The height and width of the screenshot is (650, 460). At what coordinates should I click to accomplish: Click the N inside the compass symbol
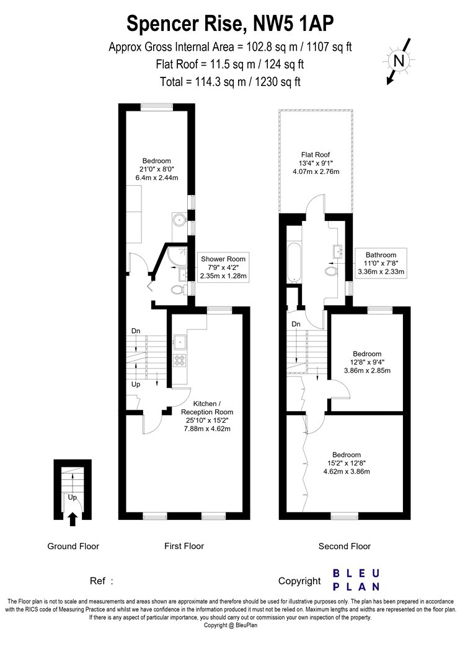(399, 61)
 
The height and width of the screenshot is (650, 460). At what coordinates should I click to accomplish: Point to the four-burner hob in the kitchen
(180, 360)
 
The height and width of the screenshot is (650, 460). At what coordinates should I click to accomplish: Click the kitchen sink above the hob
(180, 342)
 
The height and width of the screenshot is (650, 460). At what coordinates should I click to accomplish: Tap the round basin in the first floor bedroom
(180, 220)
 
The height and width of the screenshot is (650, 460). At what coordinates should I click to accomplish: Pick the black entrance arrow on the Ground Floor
(73, 519)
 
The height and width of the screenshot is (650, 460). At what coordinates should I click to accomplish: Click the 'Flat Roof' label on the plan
(316, 155)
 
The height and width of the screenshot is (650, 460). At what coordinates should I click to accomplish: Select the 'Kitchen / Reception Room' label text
(206, 408)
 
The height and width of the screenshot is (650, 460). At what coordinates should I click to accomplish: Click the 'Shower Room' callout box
(223, 267)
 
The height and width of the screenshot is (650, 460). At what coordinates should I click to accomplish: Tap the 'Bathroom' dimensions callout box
(381, 263)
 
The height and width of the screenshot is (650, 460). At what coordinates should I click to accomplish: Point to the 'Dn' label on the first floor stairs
(136, 331)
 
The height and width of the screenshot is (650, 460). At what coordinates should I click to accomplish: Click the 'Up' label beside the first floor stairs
(136, 384)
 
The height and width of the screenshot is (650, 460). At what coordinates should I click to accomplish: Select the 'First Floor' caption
(184, 546)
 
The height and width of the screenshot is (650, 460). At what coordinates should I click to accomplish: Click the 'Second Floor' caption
(345, 546)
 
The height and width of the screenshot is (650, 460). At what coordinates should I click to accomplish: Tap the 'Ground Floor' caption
(73, 546)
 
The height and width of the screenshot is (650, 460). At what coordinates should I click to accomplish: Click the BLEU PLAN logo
(356, 580)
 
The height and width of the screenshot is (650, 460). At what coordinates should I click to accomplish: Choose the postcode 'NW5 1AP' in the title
(293, 24)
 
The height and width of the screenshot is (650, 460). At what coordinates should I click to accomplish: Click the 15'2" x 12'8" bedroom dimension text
(347, 463)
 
